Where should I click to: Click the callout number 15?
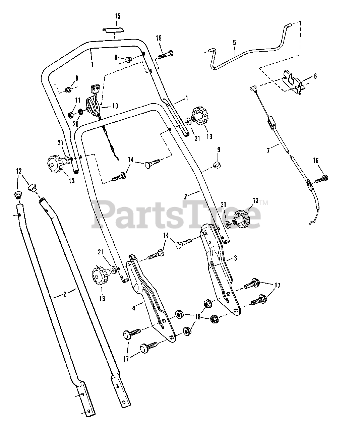click(x=117, y=16)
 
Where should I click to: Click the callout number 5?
click(x=234, y=43)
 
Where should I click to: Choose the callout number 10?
click(x=115, y=106)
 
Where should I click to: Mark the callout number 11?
click(x=77, y=100)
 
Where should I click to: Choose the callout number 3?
click(x=235, y=258)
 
